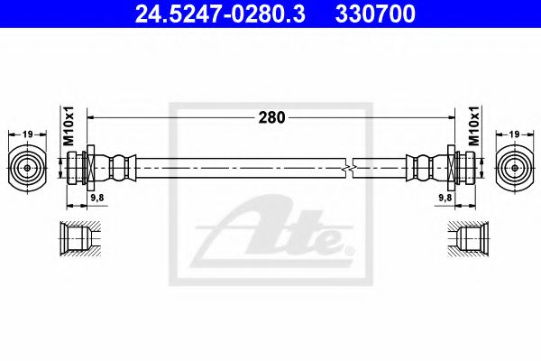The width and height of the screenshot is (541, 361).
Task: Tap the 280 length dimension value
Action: [x=270, y=117]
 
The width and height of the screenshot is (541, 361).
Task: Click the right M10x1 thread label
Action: [x=473, y=126]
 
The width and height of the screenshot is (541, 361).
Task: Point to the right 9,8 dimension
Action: [x=444, y=197]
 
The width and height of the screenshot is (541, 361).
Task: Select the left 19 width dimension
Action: [x=28, y=134]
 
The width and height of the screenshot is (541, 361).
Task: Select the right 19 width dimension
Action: [x=513, y=134]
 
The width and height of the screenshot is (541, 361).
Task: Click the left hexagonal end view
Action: [x=28, y=168]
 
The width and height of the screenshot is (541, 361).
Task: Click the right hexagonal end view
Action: [x=513, y=168]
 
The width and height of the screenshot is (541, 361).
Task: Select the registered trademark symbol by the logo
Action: [x=350, y=249]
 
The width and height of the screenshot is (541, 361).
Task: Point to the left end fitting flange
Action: [x=88, y=168]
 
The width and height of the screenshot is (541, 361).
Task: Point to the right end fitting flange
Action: [x=453, y=168]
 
